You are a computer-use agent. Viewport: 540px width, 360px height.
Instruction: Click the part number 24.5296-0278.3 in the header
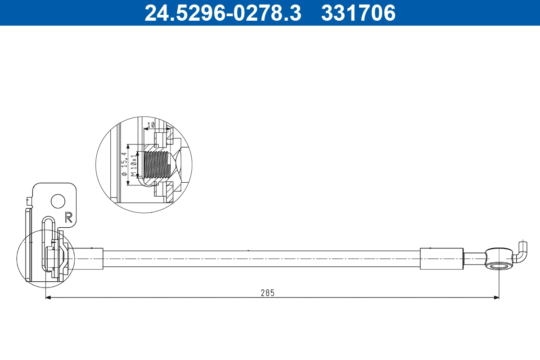click(x=222, y=13)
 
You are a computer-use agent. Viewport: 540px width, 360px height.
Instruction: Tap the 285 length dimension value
click(x=267, y=292)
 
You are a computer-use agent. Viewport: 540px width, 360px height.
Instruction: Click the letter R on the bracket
click(x=69, y=217)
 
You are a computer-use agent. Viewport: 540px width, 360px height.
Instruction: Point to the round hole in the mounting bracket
click(x=58, y=201)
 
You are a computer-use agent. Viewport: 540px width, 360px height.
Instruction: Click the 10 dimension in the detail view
click(x=151, y=125)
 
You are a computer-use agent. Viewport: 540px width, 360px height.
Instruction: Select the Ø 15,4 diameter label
click(x=124, y=165)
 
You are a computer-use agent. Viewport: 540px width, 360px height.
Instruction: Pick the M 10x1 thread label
click(x=133, y=165)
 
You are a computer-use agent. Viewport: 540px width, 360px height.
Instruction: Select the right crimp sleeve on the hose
click(x=441, y=259)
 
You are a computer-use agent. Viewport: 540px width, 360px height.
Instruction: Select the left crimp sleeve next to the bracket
click(x=89, y=259)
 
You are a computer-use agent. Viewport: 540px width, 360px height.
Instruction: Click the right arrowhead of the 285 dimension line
click(x=497, y=297)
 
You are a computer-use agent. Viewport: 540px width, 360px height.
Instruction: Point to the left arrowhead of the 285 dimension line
click(x=49, y=297)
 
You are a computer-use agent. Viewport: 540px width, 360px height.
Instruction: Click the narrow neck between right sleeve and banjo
click(x=474, y=259)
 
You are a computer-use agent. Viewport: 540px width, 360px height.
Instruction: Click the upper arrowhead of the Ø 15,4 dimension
click(x=129, y=147)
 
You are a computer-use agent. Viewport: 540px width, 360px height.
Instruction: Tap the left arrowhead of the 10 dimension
click(x=145, y=129)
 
